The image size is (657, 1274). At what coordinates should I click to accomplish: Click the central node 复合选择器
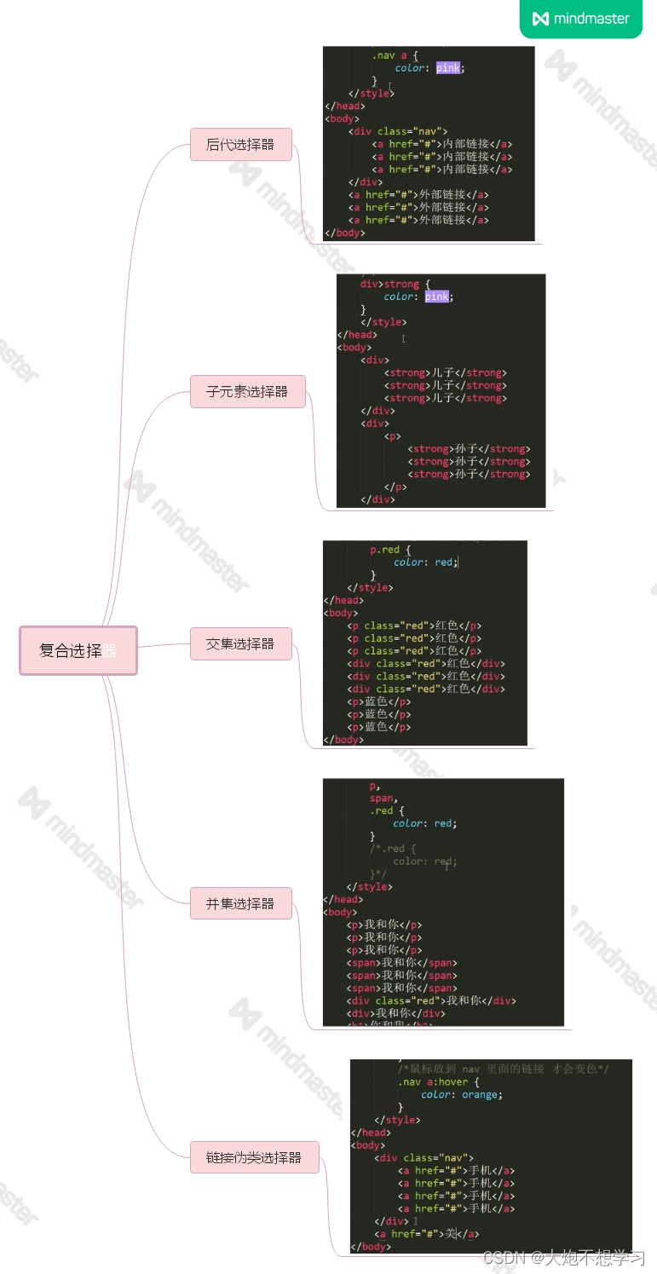[78, 651]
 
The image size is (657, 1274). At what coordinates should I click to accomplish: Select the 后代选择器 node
[241, 145]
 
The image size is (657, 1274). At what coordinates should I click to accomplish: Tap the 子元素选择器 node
[247, 392]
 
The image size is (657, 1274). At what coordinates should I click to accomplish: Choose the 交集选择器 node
[241, 644]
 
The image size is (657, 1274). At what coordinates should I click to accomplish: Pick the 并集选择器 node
[241, 903]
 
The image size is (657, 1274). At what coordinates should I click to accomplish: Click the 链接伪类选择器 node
[254, 1157]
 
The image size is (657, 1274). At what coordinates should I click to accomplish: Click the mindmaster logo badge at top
[580, 18]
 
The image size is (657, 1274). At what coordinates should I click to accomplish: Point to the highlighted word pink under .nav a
[448, 68]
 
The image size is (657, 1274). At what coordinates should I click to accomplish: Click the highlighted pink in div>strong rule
[436, 297]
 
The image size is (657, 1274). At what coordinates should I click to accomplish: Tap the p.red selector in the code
[384, 550]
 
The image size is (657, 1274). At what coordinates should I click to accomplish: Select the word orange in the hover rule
[481, 1094]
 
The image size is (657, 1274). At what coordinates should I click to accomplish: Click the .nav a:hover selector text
[432, 1081]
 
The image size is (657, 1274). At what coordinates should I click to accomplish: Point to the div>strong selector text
[389, 284]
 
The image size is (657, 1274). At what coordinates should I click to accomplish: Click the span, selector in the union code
[383, 798]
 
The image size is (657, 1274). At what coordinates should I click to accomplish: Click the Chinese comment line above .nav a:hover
[503, 1069]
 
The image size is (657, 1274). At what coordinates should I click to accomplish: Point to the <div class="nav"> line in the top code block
[398, 131]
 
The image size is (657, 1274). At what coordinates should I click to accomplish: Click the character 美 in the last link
[452, 1233]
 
